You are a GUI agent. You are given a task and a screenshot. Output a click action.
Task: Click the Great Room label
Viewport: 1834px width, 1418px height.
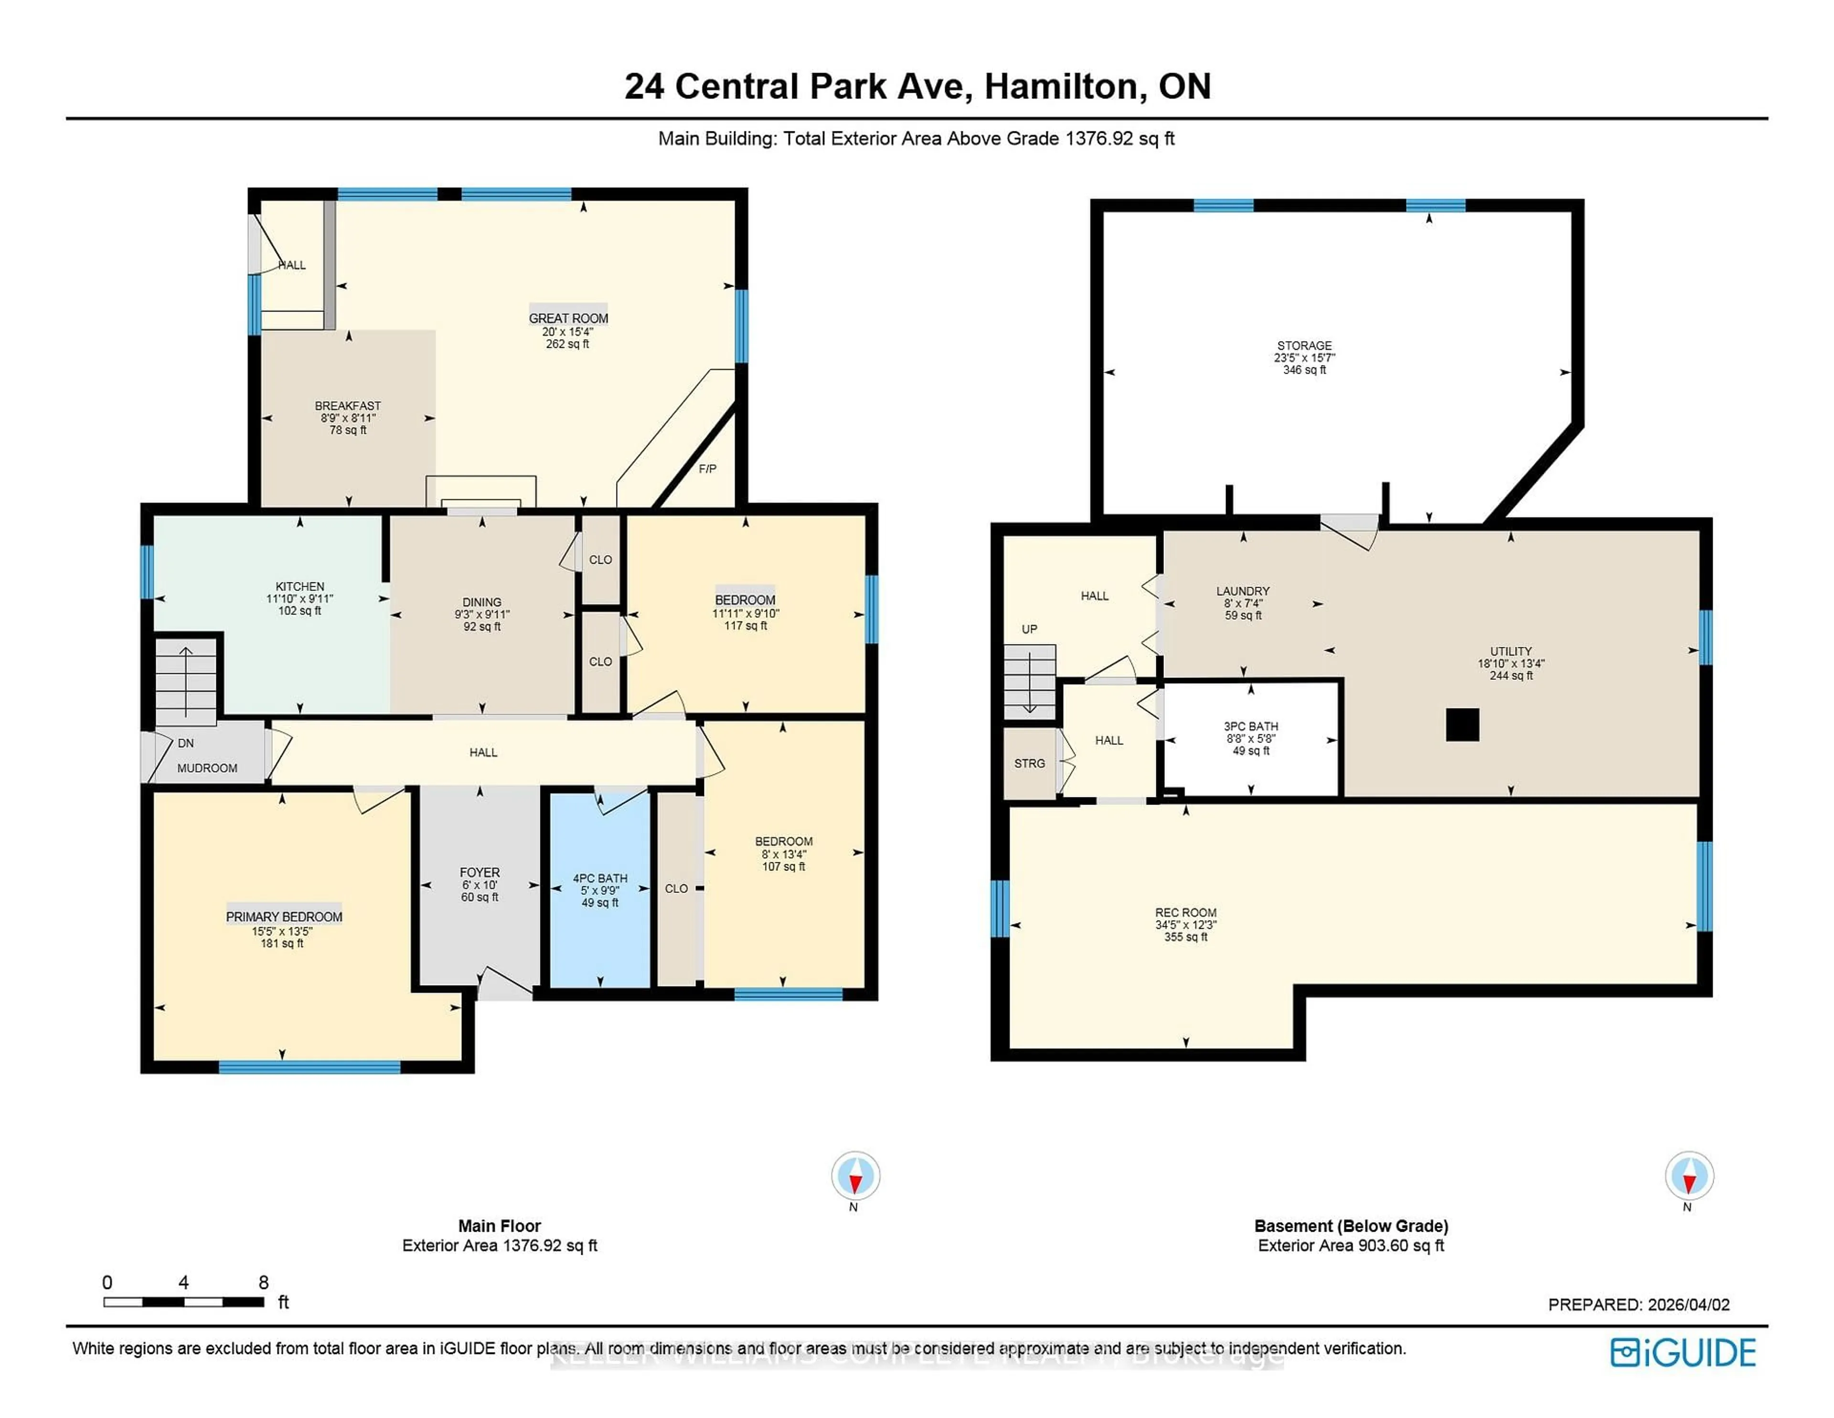click(x=568, y=318)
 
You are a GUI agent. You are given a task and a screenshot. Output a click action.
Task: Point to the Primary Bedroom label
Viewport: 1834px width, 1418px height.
click(x=284, y=916)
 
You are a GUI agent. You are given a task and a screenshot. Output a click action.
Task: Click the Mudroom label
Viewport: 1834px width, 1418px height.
click(x=207, y=768)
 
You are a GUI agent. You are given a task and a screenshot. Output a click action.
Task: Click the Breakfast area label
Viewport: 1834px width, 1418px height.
click(x=348, y=406)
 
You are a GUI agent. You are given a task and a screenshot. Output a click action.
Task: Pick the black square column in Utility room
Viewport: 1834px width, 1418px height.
click(x=1462, y=725)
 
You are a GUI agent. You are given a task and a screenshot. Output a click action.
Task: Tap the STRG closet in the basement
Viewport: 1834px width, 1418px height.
click(x=1030, y=763)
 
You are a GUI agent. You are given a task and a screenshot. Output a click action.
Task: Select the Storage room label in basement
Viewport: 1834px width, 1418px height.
click(x=1304, y=345)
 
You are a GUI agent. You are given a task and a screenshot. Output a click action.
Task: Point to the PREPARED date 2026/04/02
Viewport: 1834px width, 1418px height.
click(x=1688, y=1305)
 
